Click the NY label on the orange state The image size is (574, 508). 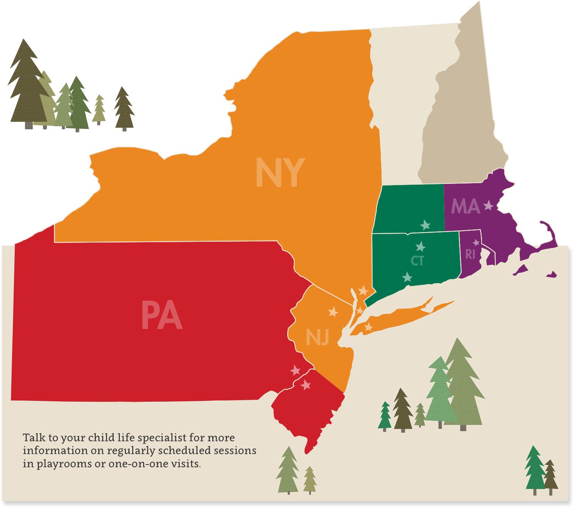point(280,173)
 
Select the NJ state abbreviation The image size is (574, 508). point(317,337)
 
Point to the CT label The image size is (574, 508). point(417,261)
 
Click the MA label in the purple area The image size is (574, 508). point(465,206)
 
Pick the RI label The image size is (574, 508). point(470,254)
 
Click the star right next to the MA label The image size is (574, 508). point(488,205)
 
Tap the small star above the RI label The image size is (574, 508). point(476,243)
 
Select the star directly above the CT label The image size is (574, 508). point(420,246)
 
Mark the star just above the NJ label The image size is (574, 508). point(333,312)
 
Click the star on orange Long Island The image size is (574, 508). point(368,327)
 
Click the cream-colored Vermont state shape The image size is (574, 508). point(404,97)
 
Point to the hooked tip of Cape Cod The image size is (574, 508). point(542,223)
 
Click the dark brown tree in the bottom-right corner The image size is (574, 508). point(550,475)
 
